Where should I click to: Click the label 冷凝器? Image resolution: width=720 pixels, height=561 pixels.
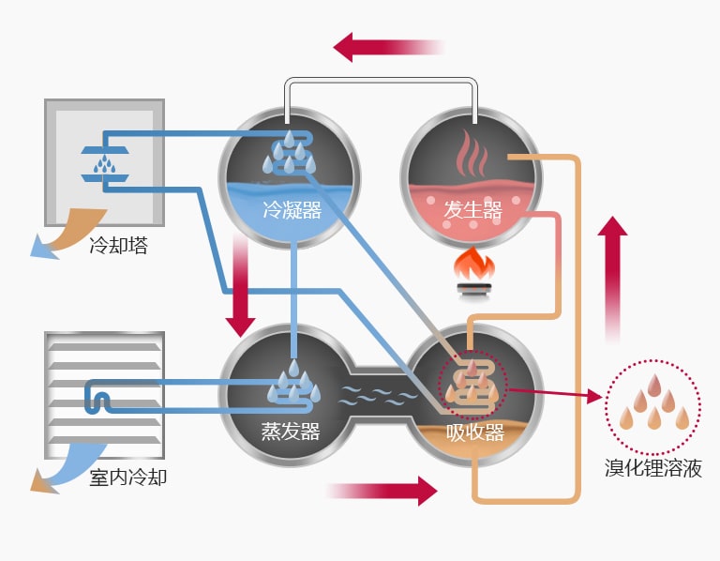coord(292,211)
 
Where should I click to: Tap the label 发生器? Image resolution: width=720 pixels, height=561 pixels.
coord(472,211)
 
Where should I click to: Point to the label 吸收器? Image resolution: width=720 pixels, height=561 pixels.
coord(475,432)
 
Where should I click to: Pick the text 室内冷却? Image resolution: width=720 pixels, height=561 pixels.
coord(128,478)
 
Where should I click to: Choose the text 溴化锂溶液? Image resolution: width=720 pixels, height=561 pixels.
coord(653,466)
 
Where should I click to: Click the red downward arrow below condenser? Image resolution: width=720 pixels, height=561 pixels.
coord(241,286)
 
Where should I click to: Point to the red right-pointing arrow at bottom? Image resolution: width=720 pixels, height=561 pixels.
coord(383,490)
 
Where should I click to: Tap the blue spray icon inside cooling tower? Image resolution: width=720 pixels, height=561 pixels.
coord(104,162)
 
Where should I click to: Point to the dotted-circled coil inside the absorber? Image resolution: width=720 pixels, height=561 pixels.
coord(472,384)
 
